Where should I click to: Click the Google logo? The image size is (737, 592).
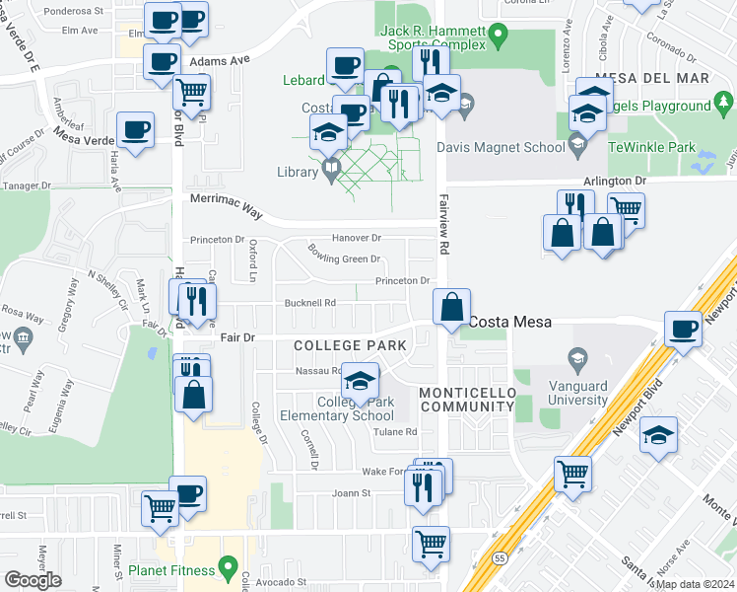(x=32, y=579)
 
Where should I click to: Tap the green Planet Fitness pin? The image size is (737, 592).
(x=229, y=569)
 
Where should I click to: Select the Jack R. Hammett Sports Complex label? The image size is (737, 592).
(x=434, y=37)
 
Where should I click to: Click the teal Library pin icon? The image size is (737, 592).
(x=331, y=172)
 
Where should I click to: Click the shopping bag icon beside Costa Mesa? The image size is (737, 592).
(x=451, y=307)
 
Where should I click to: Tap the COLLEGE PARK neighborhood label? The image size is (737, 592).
(x=351, y=345)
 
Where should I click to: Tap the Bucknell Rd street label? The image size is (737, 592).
(x=311, y=303)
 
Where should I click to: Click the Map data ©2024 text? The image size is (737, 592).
(x=694, y=584)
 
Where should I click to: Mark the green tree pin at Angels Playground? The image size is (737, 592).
(x=725, y=101)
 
